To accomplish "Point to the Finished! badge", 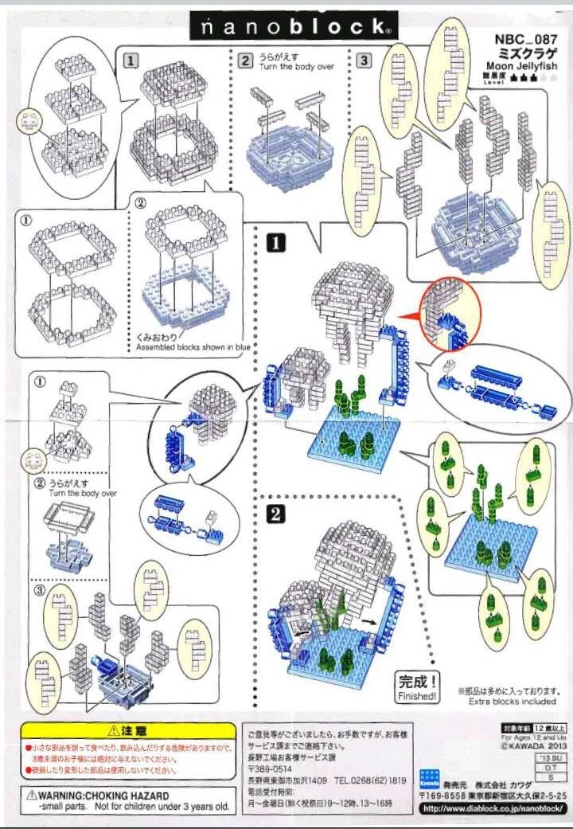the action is tap(418, 687).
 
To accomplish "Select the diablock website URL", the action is tap(493, 809).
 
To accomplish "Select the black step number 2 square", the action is tap(275, 514).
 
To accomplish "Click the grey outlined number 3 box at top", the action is tap(364, 59).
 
